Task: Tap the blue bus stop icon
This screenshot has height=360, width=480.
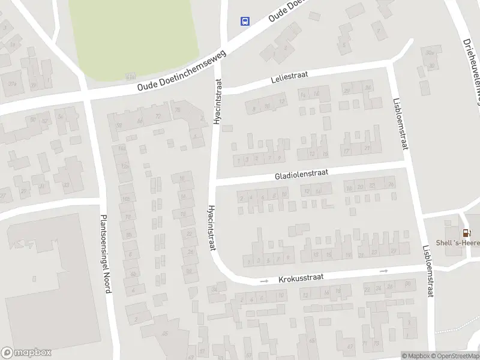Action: (x=245, y=22)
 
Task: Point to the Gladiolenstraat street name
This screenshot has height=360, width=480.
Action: (x=302, y=174)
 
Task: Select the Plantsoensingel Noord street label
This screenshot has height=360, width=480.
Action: (x=106, y=254)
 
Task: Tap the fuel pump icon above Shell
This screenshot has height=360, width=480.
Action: (x=466, y=233)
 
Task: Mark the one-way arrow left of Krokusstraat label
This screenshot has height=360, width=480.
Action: (x=263, y=281)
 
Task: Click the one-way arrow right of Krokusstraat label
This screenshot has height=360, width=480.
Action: (x=384, y=271)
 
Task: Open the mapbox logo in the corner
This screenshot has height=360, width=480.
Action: (x=26, y=353)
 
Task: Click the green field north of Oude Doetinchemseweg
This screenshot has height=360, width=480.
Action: (x=133, y=36)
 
